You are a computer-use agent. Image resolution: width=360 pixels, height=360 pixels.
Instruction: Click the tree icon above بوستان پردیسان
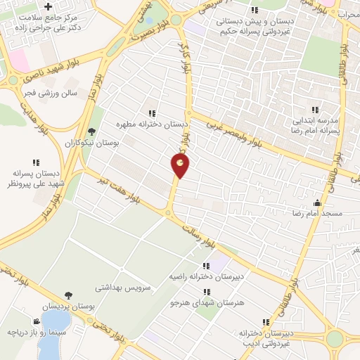[x=68, y=295]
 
